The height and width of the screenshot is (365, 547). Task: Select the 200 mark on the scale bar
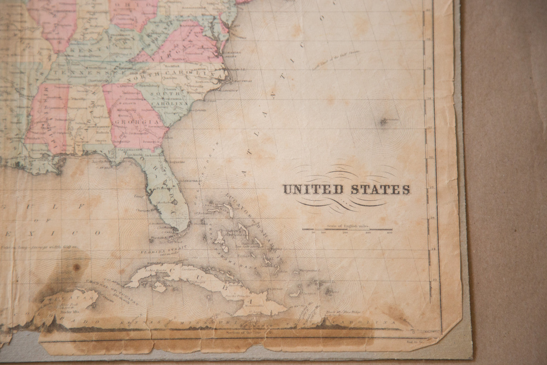coord(345,233)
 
